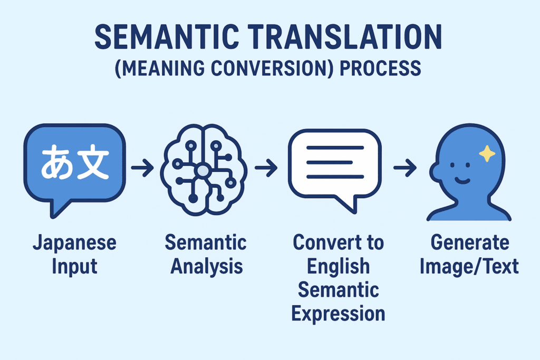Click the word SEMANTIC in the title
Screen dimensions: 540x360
click(167, 37)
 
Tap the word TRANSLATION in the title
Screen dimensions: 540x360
click(345, 37)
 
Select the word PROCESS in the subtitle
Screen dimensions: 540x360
click(380, 68)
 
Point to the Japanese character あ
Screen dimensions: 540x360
click(57, 162)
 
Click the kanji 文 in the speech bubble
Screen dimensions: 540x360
click(93, 162)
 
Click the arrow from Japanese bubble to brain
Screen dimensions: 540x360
click(142, 168)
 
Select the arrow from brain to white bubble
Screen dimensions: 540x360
click(266, 168)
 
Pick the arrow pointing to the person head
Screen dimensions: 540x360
click(405, 168)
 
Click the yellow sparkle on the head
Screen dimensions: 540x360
click(487, 153)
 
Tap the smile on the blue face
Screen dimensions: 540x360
click(462, 180)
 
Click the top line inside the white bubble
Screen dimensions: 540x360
click(335, 148)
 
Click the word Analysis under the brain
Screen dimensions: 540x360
click(207, 266)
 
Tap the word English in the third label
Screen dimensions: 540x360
click(338, 266)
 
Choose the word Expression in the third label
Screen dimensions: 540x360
click(338, 314)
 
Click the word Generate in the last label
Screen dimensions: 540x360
click(470, 242)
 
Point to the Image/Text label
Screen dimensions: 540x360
click(469, 266)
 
